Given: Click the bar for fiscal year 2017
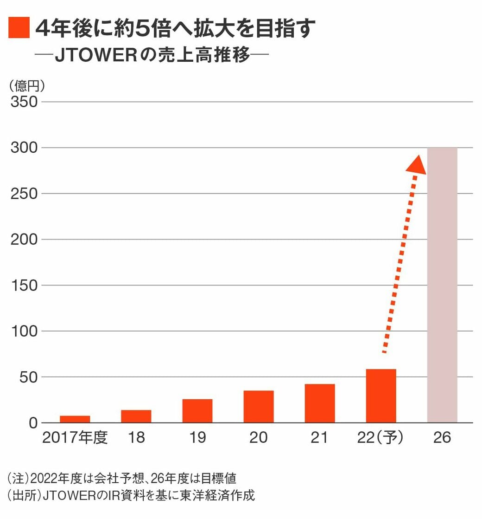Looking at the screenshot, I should tap(75, 419).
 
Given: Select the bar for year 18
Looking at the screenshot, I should tap(136, 416).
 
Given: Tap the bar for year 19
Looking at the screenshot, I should tap(197, 411).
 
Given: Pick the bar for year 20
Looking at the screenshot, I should tap(258, 407).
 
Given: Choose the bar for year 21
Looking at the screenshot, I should tap(319, 403).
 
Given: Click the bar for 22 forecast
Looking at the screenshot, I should tap(381, 396).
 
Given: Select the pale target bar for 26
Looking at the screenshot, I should tap(442, 285).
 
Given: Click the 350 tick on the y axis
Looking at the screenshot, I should tap(24, 102).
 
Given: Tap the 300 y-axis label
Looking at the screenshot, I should tap(24, 148).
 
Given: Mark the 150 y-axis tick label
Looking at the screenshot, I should tap(24, 285).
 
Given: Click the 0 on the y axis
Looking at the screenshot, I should tap(32, 423).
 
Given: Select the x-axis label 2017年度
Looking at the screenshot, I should tap(75, 438).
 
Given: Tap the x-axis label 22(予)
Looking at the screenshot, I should tap(381, 438).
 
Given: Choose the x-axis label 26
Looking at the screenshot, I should tap(442, 438).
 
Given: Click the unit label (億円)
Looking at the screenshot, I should tap(26, 85).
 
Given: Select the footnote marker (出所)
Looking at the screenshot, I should tap(23, 495).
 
